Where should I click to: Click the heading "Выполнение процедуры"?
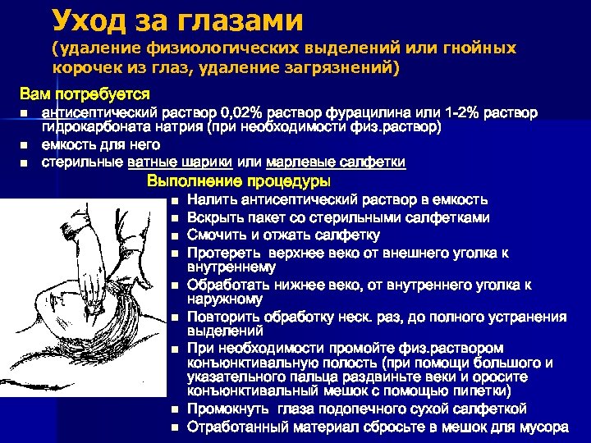pos(238,180)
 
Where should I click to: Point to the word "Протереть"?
pos(220,253)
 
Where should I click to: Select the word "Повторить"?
pos(222,317)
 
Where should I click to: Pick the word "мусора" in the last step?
pos(545,427)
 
